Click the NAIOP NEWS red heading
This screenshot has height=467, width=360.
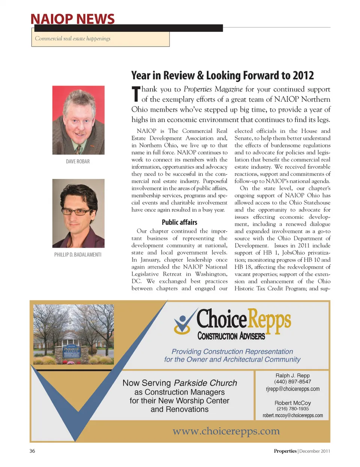pyautogui.click(x=72, y=19)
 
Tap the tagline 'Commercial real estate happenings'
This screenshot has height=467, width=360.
pyautogui.click(x=73, y=39)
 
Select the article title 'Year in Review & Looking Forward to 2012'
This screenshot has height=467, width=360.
pyautogui.click(x=222, y=75)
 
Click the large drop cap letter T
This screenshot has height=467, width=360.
pyautogui.click(x=136, y=94)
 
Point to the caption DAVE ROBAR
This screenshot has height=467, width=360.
pyautogui.click(x=78, y=162)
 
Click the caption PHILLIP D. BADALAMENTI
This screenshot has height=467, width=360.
pyautogui.click(x=78, y=255)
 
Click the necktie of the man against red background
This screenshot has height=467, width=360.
pyautogui.click(x=78, y=149)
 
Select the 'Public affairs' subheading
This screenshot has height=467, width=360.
pyautogui.click(x=179, y=222)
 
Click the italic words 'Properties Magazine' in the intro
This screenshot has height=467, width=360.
pyautogui.click(x=213, y=89)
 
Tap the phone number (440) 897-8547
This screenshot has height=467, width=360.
pyautogui.click(x=292, y=382)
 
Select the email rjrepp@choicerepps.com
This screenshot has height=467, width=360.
pyautogui.click(x=292, y=389)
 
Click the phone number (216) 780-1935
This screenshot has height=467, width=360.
pyautogui.click(x=292, y=409)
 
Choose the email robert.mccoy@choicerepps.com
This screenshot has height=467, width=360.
pyautogui.click(x=292, y=416)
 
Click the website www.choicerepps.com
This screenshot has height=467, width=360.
pyautogui.click(x=226, y=431)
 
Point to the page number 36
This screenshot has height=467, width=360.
pyautogui.click(x=32, y=451)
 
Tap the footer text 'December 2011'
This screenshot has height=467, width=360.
pyautogui.click(x=315, y=451)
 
